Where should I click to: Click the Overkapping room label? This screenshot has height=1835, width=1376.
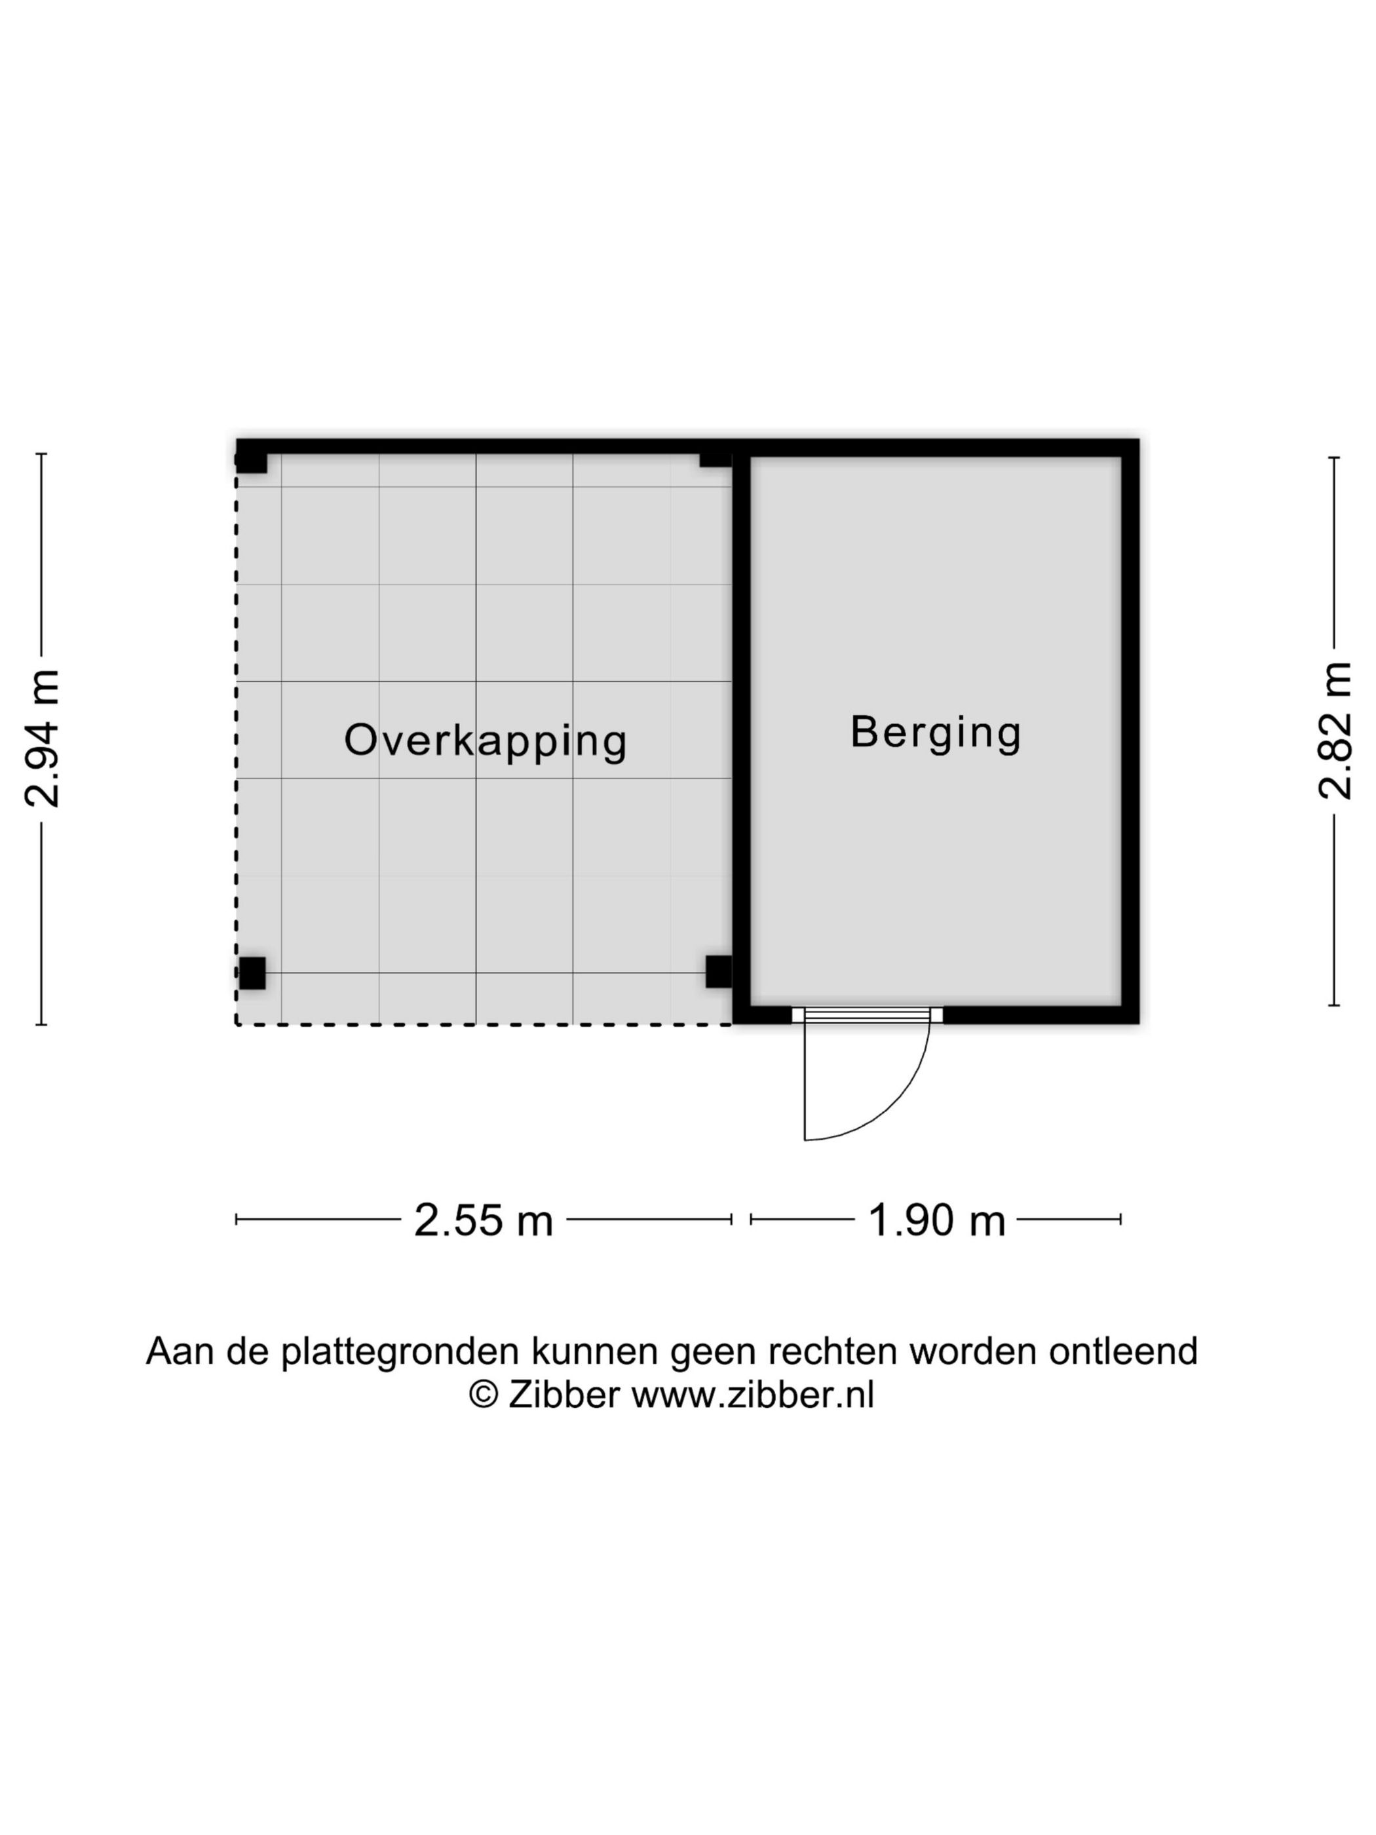[486, 741]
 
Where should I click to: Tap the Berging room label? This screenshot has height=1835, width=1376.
[936, 733]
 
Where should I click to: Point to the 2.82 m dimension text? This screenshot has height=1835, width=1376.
[1335, 730]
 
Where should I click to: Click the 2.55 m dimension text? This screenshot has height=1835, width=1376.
[484, 1220]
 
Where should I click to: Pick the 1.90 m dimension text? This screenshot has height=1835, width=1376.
[936, 1220]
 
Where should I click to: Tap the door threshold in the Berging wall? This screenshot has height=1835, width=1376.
[867, 1014]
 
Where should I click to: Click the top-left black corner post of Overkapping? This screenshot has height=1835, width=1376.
[252, 456]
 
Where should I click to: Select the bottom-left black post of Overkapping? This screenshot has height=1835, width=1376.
[252, 973]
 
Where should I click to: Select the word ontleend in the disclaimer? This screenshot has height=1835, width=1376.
[1123, 1351]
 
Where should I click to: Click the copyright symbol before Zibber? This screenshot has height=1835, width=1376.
[483, 1395]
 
